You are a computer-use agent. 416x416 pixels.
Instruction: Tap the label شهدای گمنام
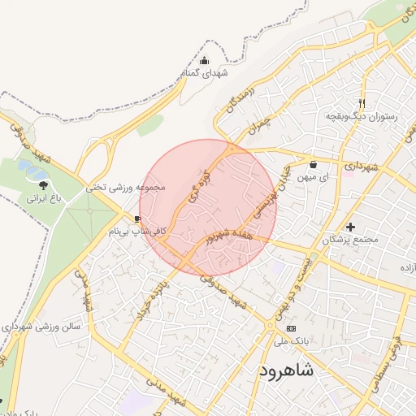pos(205,74)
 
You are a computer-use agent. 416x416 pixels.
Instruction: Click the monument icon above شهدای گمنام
pos(204,61)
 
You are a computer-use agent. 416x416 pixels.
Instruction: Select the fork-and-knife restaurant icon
pos(362,103)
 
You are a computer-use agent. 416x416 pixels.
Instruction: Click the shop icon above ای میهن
pos(313,164)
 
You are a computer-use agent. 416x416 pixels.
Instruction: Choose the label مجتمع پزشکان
pos(350,240)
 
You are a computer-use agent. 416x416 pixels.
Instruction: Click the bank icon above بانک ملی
pos(292,327)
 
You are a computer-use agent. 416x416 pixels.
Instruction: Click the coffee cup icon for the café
pos(137,219)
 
